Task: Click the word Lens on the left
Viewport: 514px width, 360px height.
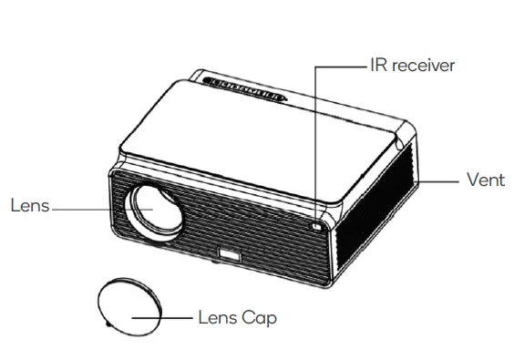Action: [x=29, y=205]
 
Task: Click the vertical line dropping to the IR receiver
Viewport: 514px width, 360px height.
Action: [x=316, y=137]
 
